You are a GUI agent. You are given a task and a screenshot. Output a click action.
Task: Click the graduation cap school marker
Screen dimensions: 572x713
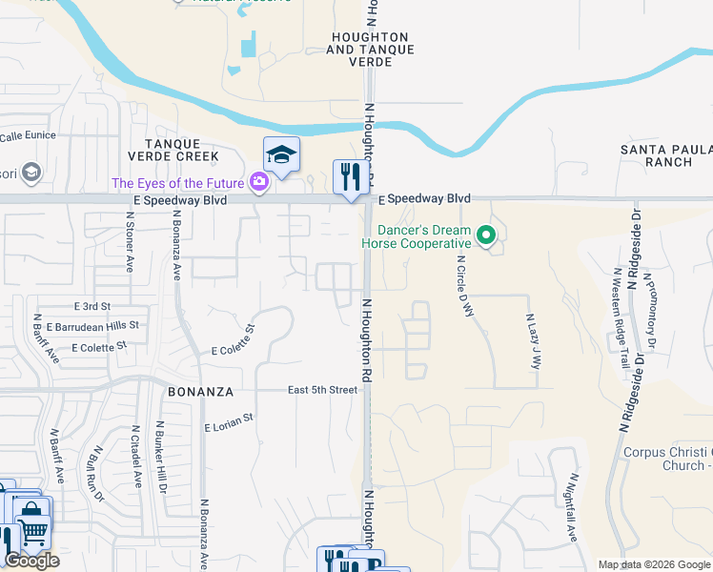281,155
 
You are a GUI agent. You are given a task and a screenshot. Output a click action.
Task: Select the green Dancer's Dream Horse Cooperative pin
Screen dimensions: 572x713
487,234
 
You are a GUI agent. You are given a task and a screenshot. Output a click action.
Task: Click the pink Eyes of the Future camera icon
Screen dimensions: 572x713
258,182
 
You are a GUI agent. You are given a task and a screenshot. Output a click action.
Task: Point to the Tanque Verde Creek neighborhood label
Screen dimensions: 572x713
174,155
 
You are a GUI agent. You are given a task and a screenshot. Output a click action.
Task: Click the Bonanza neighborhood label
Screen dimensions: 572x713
201,391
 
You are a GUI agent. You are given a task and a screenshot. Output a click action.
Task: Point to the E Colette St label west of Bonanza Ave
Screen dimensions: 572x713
92,347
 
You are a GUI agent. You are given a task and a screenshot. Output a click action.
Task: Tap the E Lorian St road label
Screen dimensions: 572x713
229,422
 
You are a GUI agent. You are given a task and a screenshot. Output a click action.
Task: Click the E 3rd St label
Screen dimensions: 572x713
92,306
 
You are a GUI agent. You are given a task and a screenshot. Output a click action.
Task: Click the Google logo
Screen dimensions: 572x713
31,561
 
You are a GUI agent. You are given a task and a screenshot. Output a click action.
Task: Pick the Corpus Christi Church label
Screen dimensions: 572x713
666,459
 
